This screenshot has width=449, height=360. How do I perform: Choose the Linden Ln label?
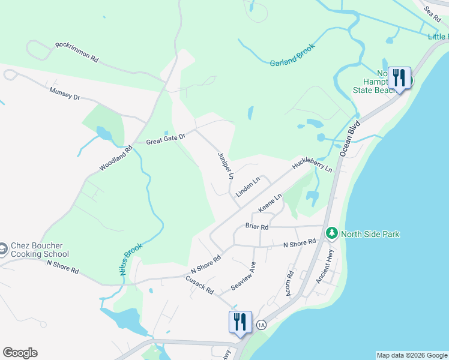[248, 187]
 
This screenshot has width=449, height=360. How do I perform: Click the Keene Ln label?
[270, 202]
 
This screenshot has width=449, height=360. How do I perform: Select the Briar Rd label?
[257, 227]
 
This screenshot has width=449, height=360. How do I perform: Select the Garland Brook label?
[292, 54]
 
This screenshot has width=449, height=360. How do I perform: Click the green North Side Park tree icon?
[331, 232]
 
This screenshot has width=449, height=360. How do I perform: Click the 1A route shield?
[261, 325]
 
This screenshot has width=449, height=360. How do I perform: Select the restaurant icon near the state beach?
[399, 78]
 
